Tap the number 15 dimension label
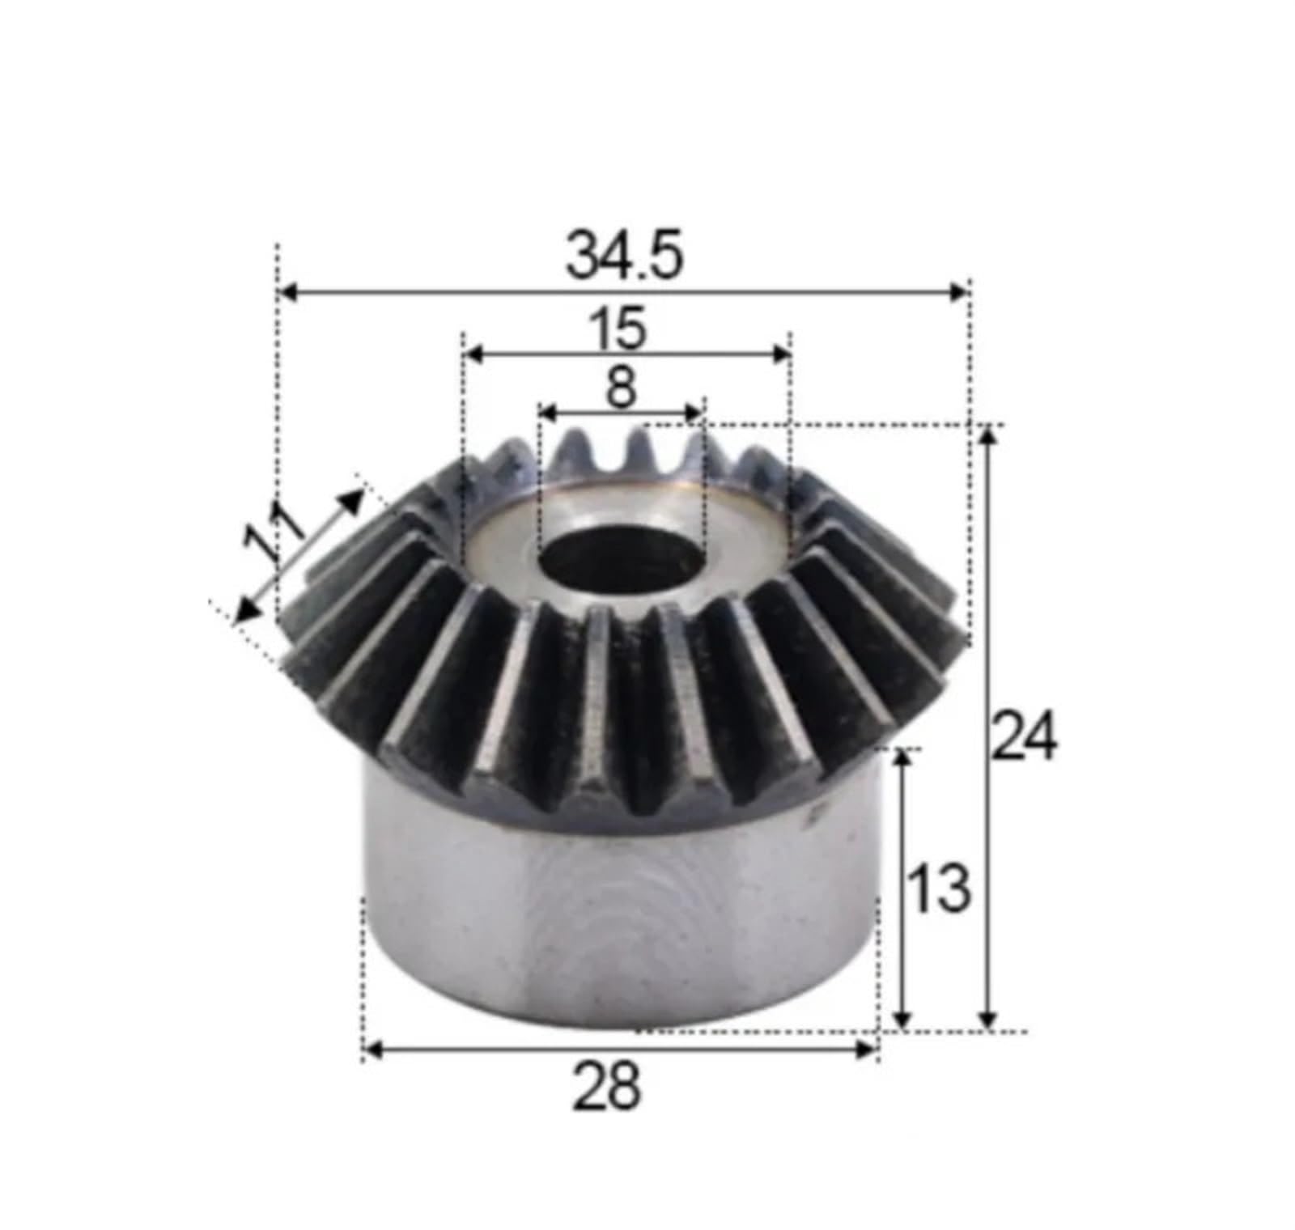tap(624, 329)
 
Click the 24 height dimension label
tap(1024, 736)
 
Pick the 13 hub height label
tap(937, 889)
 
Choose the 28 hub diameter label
tap(607, 1087)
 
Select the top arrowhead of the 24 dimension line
tap(987, 435)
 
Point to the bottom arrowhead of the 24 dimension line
tap(987, 1021)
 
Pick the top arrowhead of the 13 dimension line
tap(904, 760)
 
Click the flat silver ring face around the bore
tap(728, 534)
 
